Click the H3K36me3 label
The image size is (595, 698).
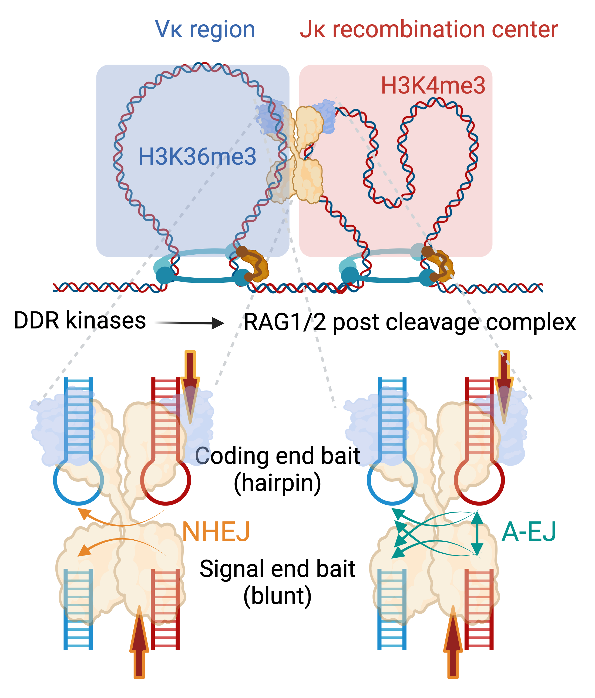coord(197,157)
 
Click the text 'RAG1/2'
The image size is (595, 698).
coord(285,323)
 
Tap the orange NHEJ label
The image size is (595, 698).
coord(216,531)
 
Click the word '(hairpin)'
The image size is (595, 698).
coord(277,483)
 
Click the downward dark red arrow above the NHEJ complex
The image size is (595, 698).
coord(190,384)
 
